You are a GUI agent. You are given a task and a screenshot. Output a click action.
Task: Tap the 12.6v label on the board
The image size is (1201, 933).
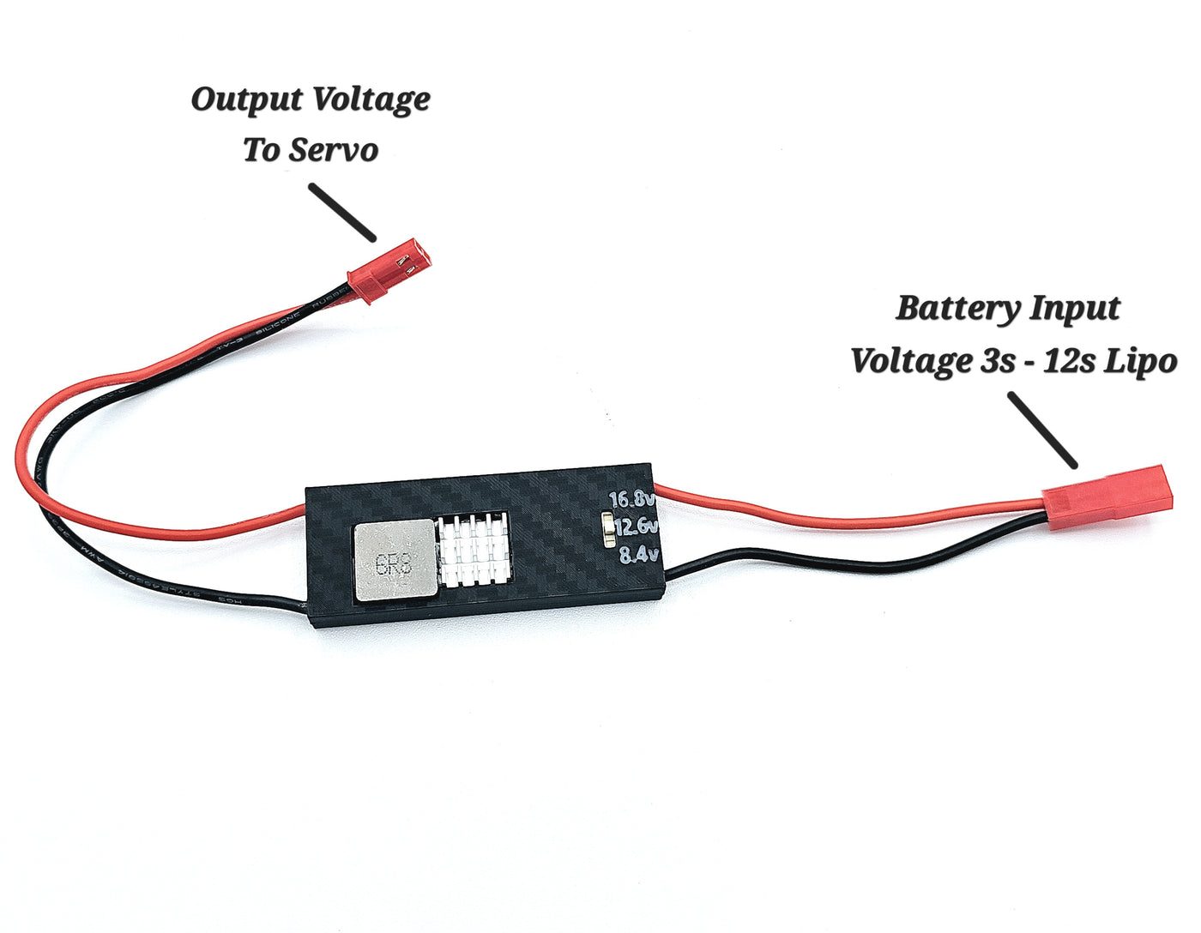click(635, 527)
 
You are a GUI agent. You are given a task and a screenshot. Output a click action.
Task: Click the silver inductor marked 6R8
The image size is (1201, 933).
click(395, 562)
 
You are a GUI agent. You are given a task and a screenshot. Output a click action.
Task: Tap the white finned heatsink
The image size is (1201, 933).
click(474, 550)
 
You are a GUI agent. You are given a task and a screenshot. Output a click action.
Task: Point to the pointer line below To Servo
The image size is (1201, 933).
click(342, 212)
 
